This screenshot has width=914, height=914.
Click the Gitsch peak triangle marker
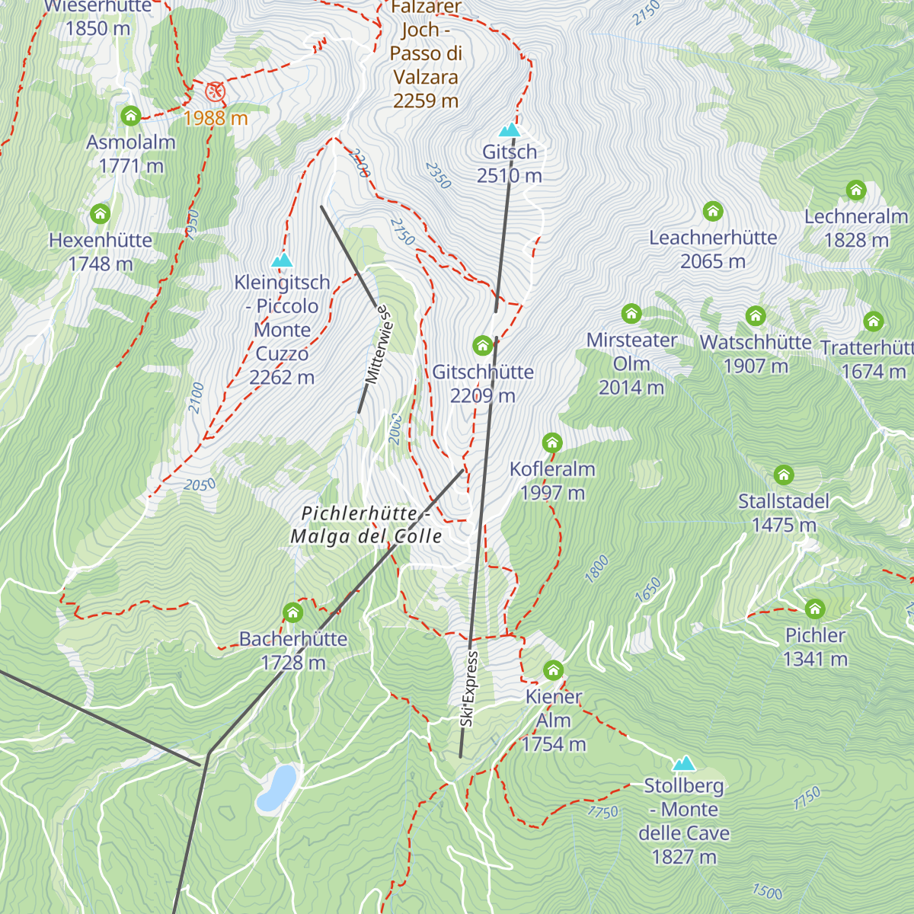coord(509,130)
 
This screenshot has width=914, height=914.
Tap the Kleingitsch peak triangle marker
coord(282,260)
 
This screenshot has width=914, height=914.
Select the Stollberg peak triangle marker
coord(684,764)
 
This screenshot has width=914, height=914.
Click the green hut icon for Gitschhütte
coord(482,347)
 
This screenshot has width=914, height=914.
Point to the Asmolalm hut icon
coord(131,116)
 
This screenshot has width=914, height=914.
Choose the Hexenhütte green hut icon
coord(101,214)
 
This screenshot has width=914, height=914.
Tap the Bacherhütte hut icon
coord(293,612)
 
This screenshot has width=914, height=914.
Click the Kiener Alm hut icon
coord(554,670)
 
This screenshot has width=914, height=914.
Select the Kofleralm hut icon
coord(552,443)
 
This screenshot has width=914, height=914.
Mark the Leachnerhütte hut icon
coord(713,211)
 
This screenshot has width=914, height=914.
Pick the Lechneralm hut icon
coord(856,190)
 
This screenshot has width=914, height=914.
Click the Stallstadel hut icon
coord(784,475)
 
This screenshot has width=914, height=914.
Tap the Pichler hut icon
coord(815,609)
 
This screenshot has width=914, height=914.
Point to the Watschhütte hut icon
coord(756,316)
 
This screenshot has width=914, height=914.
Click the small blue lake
coord(276,787)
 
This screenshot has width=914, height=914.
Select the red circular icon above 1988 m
coord(216,92)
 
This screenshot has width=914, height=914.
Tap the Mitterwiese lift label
coord(379,345)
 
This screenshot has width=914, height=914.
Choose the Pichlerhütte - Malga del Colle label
coord(366,525)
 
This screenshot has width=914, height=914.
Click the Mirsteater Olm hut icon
coord(631,314)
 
